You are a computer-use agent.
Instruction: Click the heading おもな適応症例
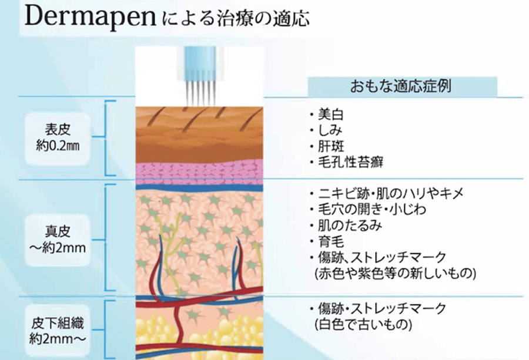pyautogui.click(x=403, y=86)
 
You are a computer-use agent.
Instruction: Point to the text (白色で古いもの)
pyautogui.click(x=361, y=324)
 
